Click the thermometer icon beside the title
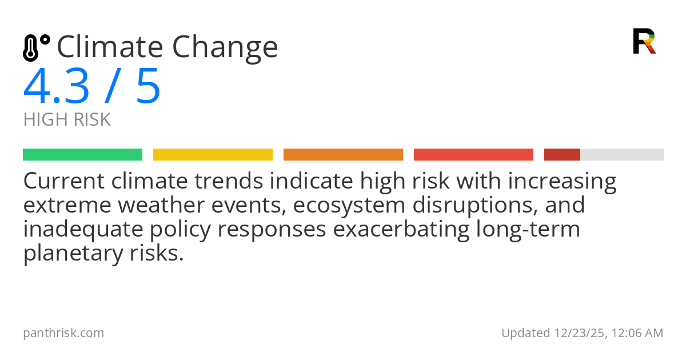click(x=35, y=48)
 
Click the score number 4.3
click(x=56, y=87)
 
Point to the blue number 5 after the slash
click(x=148, y=87)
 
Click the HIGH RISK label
click(x=67, y=120)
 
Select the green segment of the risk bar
click(x=82, y=155)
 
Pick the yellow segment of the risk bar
click(x=213, y=155)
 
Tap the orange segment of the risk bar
click(x=343, y=155)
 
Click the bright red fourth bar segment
click(x=473, y=155)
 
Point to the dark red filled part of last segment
click(x=562, y=155)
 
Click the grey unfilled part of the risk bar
click(x=622, y=155)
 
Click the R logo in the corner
click(x=644, y=41)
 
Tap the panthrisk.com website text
click(x=63, y=333)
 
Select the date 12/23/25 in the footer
click(x=576, y=333)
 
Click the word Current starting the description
click(x=64, y=182)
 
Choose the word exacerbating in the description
click(x=400, y=230)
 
